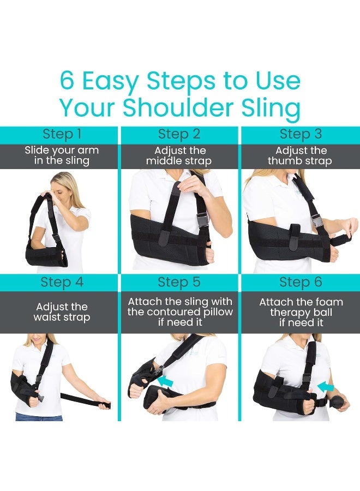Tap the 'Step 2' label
[179, 134]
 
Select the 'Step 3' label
[301, 134]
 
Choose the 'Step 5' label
[179, 283]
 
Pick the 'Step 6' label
[301, 283]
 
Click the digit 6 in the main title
[68, 81]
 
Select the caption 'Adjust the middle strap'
[179, 156]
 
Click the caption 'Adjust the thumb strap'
[301, 156]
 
